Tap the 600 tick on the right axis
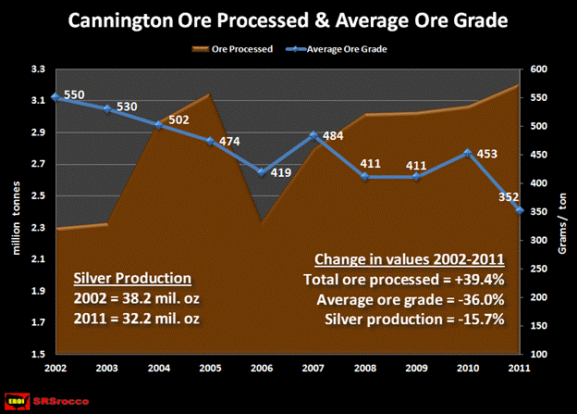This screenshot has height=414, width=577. click(539, 69)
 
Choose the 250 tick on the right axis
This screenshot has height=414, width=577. click(539, 269)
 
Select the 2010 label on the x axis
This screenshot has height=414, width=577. click(469, 368)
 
